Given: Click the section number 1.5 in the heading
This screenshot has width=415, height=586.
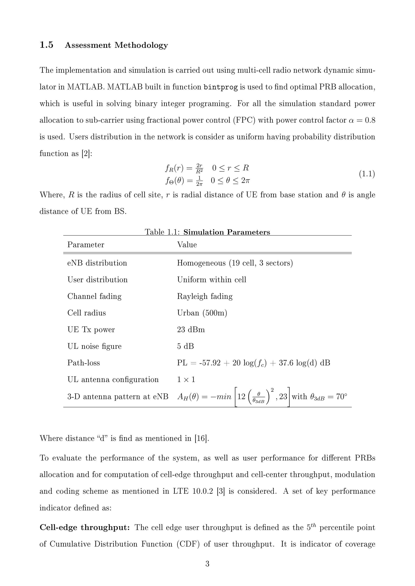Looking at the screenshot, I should click(47, 45).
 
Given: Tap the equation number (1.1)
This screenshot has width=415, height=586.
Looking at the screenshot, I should click(367, 174).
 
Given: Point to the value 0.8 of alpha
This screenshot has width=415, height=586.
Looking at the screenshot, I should click(370, 120).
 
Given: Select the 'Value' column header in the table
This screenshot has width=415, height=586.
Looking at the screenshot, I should click(187, 245).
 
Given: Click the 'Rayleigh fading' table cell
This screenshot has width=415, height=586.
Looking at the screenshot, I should click(205, 296).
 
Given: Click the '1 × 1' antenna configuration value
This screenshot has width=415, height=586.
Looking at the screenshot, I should click(186, 380).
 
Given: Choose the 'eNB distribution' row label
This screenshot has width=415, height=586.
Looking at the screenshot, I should click(97, 263).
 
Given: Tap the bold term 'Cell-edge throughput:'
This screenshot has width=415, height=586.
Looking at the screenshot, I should click(85, 527).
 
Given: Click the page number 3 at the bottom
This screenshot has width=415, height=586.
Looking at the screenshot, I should click(207, 564).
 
